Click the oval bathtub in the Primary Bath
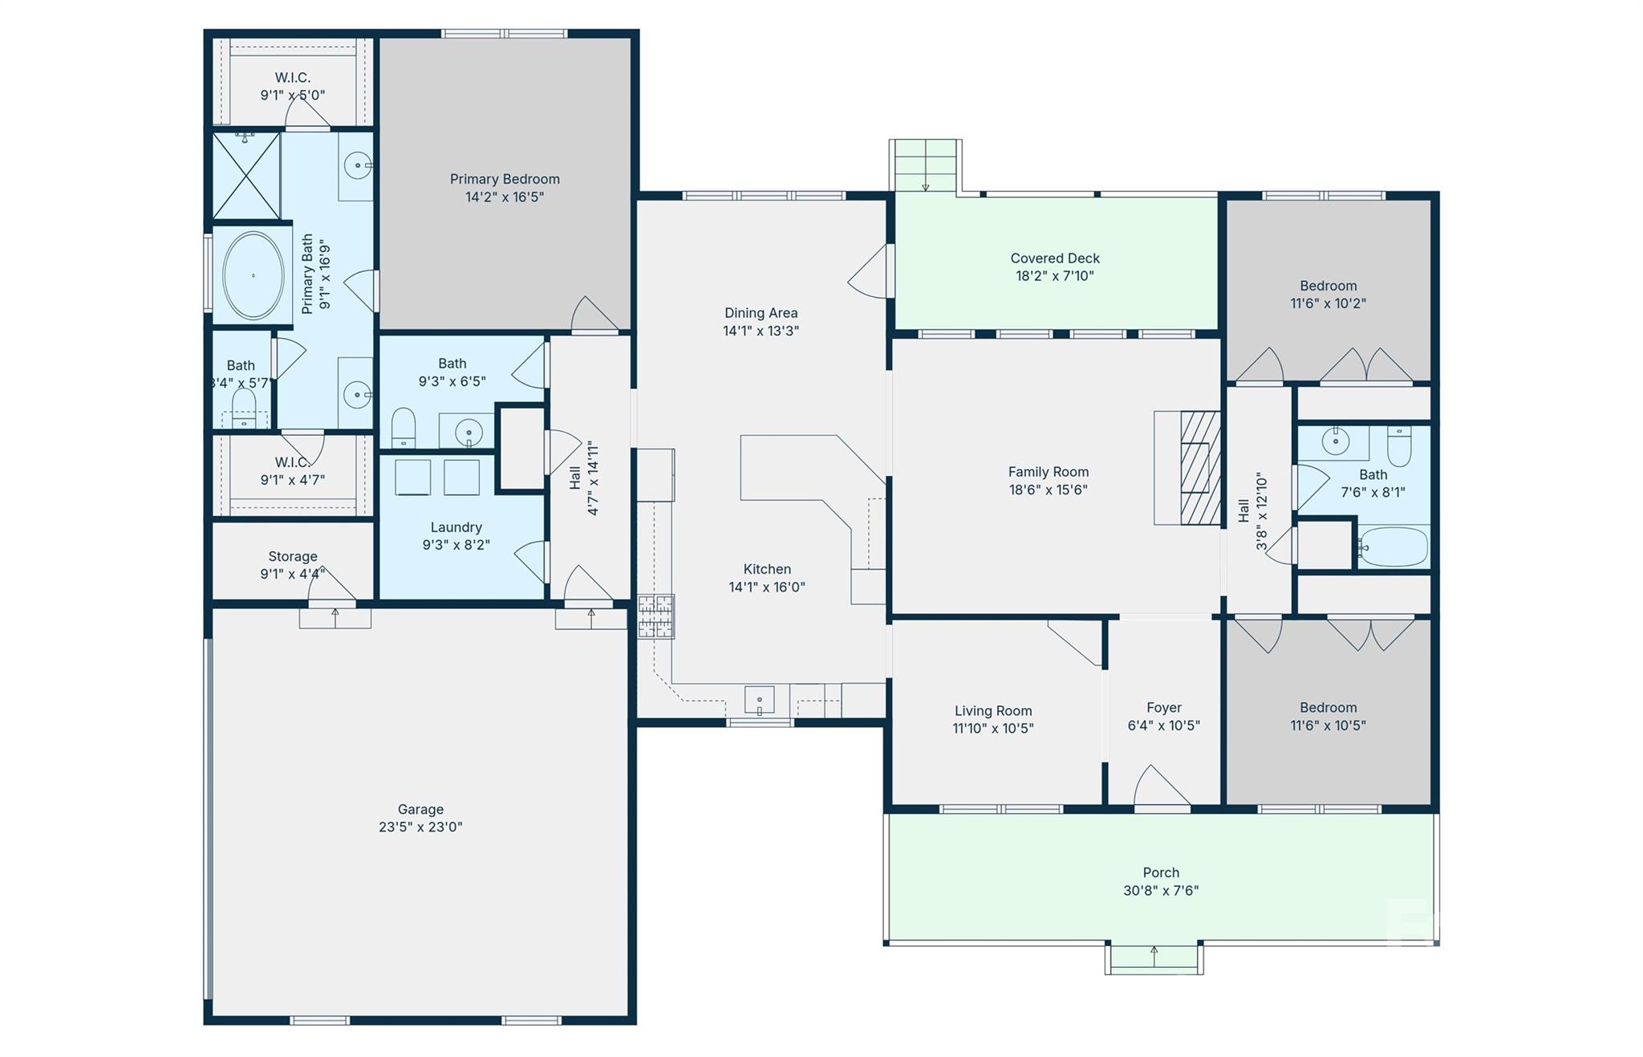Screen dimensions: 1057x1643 [x=253, y=275]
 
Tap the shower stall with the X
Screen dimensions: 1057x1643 [x=246, y=176]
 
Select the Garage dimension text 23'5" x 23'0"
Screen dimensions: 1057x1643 [x=420, y=827]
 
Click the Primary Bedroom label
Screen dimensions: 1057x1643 [x=505, y=179]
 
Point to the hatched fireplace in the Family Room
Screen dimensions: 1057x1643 [x=1199, y=468]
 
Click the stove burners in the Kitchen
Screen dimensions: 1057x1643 [x=655, y=616]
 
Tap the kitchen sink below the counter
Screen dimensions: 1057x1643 [x=759, y=699]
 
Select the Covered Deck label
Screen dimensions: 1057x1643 [x=1054, y=258]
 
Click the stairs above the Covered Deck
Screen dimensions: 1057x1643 [x=925, y=165]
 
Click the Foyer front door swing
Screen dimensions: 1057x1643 [x=1159, y=787]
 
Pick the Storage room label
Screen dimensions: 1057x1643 [x=293, y=556]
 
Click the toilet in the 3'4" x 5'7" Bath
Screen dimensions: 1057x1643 [x=244, y=408]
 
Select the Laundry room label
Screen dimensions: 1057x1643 [x=456, y=527]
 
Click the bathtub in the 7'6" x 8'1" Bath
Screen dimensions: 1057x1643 [x=1394, y=547]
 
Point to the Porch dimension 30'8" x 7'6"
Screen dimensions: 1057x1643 [x=1161, y=890]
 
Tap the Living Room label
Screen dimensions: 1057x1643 [x=993, y=710]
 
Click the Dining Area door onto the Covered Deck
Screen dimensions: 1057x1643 [x=871, y=274]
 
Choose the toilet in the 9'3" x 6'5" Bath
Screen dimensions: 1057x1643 [x=404, y=427]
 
